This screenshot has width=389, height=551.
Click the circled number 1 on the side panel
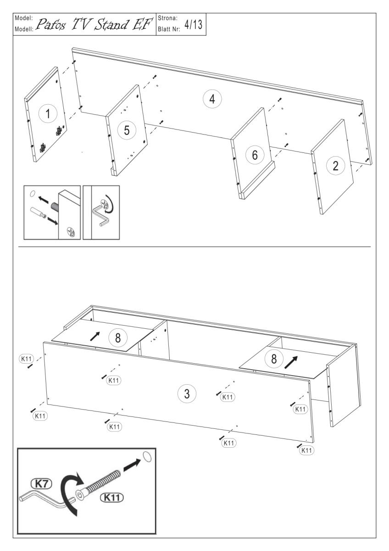coord(48,114)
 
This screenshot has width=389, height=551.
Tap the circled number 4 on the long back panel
coord(212,99)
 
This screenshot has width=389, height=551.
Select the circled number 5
coord(127,130)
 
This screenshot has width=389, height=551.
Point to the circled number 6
coord(255,155)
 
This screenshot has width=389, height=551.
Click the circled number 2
coord(336,166)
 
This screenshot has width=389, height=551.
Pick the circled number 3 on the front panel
coord(187,394)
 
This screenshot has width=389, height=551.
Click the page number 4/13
coord(194,25)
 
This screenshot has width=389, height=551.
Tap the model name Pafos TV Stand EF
coord(94,25)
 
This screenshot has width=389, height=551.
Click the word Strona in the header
coord(167,18)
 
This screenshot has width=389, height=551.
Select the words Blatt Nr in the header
coord(169,29)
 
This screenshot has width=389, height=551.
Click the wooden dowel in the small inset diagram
coord(37,212)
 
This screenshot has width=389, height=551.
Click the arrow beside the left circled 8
coord(95,336)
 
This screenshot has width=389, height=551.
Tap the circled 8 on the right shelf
coord(274,359)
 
